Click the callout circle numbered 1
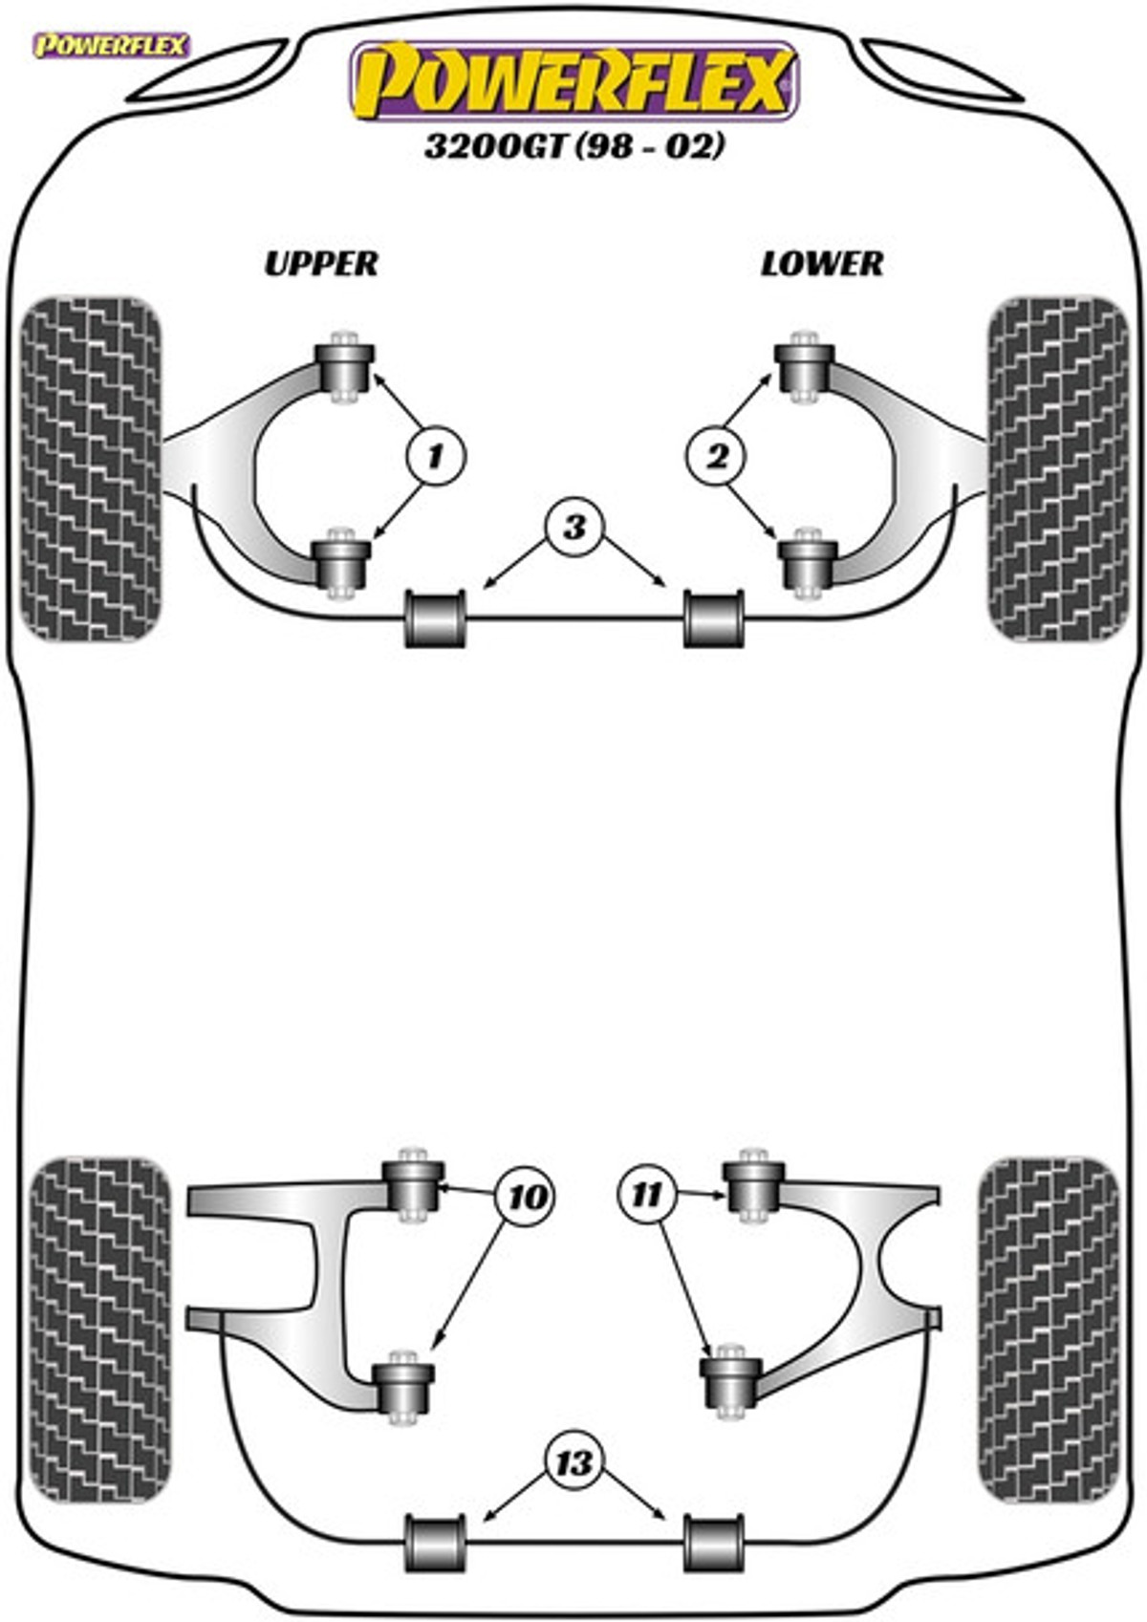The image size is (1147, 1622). coord(435,456)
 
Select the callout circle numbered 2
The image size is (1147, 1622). coord(716,456)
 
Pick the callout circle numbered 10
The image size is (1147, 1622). coord(527,1196)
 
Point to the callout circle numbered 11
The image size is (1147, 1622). coord(647,1194)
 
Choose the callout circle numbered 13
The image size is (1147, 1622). coord(573,1462)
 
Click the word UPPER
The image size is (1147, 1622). coord(321,263)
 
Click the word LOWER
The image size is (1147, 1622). coord(822,263)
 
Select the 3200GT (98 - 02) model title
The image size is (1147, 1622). coord(573,146)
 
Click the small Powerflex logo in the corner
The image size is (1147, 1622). coord(111,45)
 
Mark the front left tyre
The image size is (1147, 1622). coord(92,468)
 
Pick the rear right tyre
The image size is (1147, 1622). coord(1049,1329)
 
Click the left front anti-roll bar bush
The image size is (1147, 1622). coord(436,618)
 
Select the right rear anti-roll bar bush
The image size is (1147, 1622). coord(714,1543)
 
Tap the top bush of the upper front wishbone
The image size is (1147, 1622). coord(343,366)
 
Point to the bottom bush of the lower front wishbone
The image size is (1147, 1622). coord(809,564)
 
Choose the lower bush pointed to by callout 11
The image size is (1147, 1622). coord(731,1378)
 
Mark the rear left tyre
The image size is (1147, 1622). coord(100,1329)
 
